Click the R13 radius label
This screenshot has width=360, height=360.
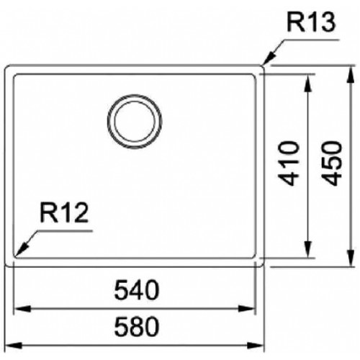tap(311, 23)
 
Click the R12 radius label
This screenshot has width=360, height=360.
tap(64, 213)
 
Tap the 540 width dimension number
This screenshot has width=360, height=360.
tap(137, 290)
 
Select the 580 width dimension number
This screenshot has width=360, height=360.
tap(137, 326)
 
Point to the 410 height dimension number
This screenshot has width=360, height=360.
tap(289, 163)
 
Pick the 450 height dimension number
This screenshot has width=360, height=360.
tap(331, 163)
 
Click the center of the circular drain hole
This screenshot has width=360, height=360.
tap(135, 121)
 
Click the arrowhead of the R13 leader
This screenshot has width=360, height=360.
tap(269, 58)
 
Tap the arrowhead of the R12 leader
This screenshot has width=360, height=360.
tap(21, 249)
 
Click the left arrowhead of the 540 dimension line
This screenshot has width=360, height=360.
tap(22, 309)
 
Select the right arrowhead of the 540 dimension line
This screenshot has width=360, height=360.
tap(246, 309)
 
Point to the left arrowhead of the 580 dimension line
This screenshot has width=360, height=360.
tap(14, 346)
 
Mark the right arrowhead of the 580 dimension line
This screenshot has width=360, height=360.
tap(256, 346)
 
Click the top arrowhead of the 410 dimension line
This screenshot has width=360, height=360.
tap(307, 83)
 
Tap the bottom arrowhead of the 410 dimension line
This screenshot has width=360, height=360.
tap(307, 249)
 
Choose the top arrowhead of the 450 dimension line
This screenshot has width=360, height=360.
tap(351, 75)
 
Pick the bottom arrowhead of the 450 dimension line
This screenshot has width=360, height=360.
tap(351, 258)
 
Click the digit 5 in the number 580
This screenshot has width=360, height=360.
tap(121, 326)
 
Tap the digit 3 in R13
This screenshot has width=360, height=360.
tap(328, 23)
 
